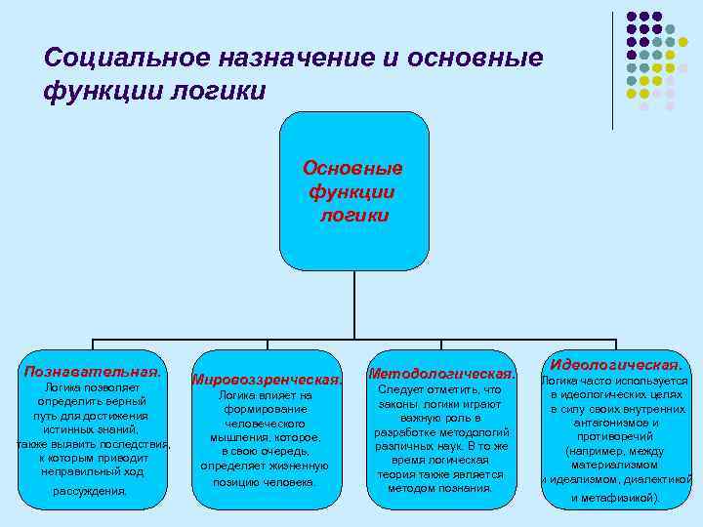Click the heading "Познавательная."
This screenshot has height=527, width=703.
(x=93, y=372)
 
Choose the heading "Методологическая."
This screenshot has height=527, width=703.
(x=441, y=374)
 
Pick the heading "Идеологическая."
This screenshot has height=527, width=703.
(x=615, y=363)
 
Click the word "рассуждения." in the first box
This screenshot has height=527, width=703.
(x=91, y=491)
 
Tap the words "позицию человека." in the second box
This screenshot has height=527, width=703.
(x=265, y=482)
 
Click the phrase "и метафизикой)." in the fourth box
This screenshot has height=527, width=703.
(x=615, y=498)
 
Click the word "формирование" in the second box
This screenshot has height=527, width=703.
(x=265, y=410)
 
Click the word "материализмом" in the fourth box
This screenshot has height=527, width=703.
(x=615, y=465)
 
